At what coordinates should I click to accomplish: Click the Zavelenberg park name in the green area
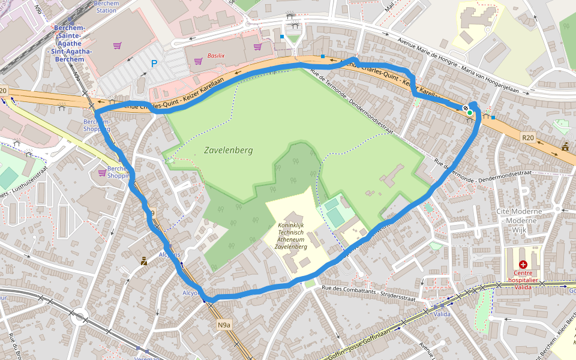[228, 150]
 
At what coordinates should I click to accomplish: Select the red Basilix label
[216, 55]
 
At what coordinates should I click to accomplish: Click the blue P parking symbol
[154, 63]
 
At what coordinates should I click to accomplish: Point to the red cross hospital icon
[523, 264]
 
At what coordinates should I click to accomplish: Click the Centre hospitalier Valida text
[523, 280]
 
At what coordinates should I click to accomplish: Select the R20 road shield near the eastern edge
[527, 137]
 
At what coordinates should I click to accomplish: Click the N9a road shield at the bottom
[224, 325]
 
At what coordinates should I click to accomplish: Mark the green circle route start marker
[470, 112]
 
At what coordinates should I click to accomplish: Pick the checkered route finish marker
[465, 108]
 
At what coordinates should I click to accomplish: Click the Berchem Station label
[106, 7]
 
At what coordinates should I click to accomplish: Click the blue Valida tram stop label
[442, 314]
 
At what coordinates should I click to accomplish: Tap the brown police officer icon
[143, 261]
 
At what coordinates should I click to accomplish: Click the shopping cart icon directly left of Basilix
[198, 61]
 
